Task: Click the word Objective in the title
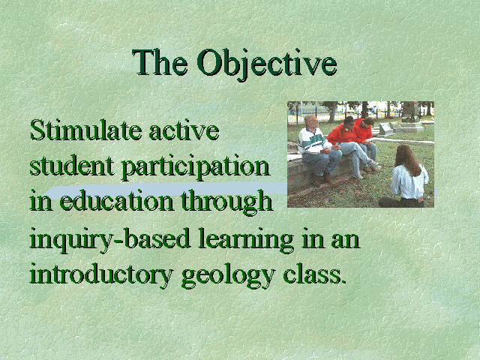267,64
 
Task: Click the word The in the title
160,62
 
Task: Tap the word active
184,131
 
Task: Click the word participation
195,168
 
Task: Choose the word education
116,200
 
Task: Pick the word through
226,202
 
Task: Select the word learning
246,240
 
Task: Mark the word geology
228,275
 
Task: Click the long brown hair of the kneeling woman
408,160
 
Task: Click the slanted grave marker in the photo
385,128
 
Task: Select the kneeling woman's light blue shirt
409,183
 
